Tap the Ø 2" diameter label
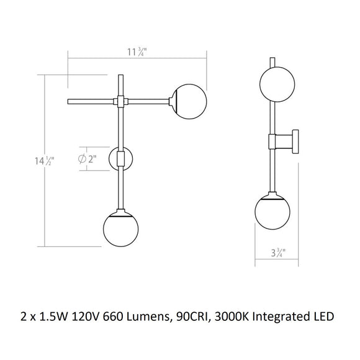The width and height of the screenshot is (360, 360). pos(88,158)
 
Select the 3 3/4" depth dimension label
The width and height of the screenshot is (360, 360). pos(279,253)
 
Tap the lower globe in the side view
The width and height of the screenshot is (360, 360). pos(273,212)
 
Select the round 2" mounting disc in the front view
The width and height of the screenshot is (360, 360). pos(120,159)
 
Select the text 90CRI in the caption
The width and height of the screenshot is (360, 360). pos(207,316)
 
